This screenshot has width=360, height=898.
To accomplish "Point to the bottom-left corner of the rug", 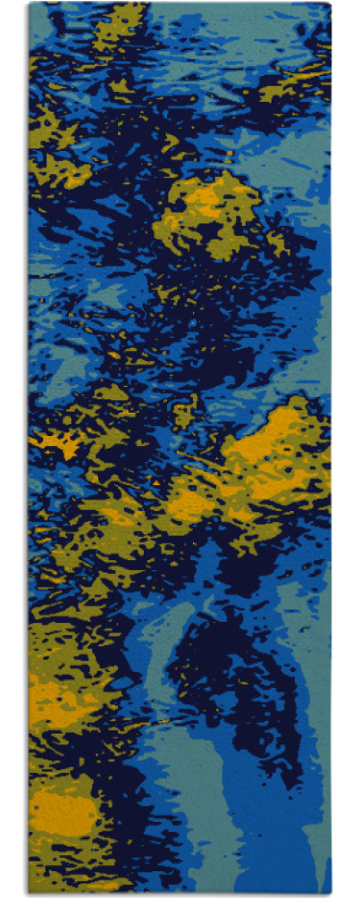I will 29,894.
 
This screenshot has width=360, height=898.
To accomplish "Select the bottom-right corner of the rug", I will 331,894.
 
